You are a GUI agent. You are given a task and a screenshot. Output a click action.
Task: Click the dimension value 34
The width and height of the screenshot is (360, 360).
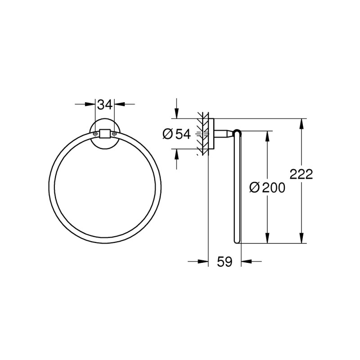[105, 105]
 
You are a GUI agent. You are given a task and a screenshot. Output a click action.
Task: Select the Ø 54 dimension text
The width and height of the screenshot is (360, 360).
[177, 134]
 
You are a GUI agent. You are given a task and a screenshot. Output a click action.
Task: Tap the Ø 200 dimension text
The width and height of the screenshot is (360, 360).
[267, 188]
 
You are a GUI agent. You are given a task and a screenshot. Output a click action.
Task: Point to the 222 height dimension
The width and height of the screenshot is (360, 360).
[301, 174]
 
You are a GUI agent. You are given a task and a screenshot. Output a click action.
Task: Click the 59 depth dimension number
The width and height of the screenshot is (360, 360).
[225, 261]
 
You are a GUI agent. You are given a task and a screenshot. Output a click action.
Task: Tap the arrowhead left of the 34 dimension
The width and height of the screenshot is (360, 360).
[90, 105]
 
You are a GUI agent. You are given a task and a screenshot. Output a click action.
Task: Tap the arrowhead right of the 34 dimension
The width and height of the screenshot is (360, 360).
[119, 105]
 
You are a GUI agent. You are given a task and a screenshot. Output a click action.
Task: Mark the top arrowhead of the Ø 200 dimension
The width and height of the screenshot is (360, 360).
[267, 135]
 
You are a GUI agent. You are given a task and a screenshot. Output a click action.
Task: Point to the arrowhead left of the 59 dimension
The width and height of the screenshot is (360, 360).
[203, 261]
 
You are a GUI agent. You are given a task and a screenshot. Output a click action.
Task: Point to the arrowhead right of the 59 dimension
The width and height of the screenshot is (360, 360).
[246, 261]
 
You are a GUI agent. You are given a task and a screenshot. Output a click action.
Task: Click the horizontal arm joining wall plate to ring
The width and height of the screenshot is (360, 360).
[224, 133]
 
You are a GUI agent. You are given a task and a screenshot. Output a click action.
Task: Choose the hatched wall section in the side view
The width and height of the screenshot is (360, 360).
[202, 134]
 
